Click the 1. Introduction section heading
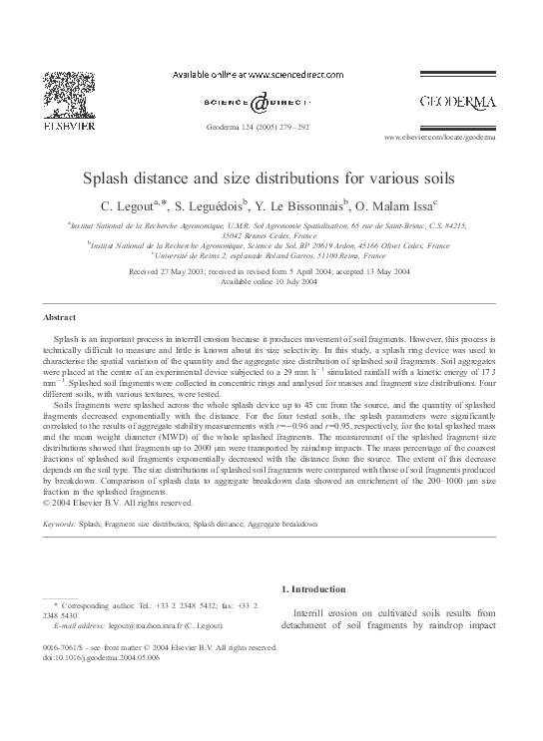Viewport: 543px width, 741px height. tap(317, 589)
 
